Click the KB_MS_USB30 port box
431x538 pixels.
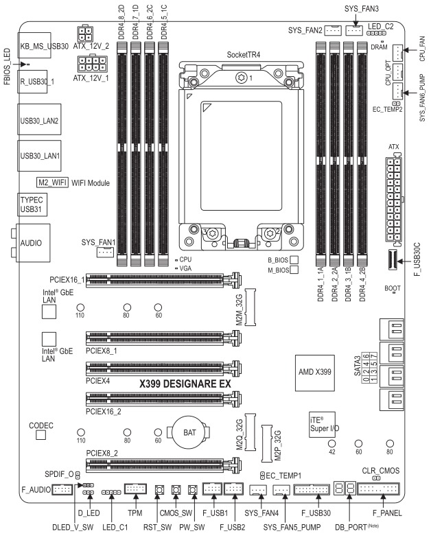[x=42, y=47]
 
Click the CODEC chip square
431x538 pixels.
[x=40, y=435]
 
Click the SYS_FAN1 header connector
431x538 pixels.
[x=105, y=253]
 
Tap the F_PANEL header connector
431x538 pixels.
[x=379, y=489]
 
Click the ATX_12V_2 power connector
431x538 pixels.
[x=88, y=36]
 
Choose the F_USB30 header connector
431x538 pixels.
[x=312, y=489]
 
